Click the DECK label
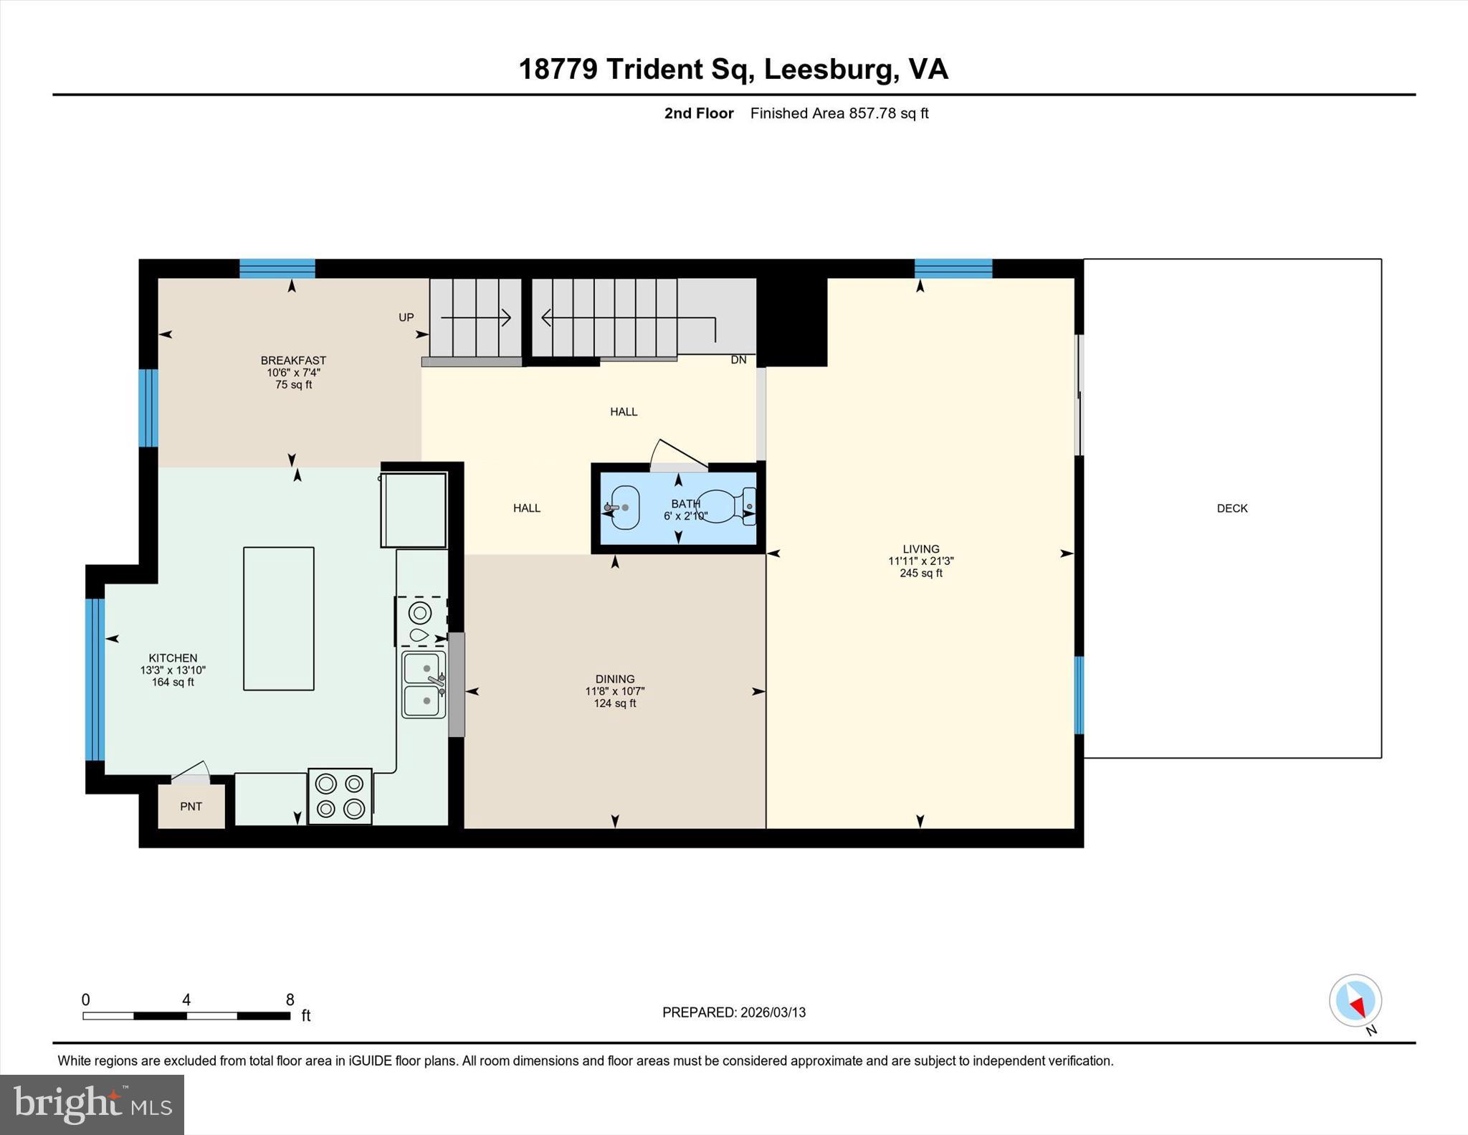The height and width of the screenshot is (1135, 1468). coord(1231,508)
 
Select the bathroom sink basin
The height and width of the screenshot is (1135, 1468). coord(624,508)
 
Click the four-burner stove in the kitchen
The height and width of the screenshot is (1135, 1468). coord(340,796)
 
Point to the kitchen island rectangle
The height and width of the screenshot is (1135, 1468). coord(278,618)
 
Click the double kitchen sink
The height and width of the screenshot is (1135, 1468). coord(424,684)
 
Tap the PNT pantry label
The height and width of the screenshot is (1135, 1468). coord(191,807)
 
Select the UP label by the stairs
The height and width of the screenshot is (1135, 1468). coord(406,318)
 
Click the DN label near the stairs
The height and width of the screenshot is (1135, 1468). coord(738,360)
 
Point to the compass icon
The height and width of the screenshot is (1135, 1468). coord(1355,1000)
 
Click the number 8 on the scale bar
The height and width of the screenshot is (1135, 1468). coord(290,999)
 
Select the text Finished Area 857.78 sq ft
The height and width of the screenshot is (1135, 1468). coord(839,113)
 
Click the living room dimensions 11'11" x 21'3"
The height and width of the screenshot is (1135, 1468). coord(920,561)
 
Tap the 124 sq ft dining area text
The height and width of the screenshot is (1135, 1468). coord(614,703)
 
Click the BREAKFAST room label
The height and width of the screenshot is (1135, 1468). coord(293,361)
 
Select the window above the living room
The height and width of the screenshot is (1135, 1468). coord(953,268)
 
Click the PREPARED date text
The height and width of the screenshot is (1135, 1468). coord(733,1012)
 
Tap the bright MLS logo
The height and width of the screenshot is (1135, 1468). coord(92,1104)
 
